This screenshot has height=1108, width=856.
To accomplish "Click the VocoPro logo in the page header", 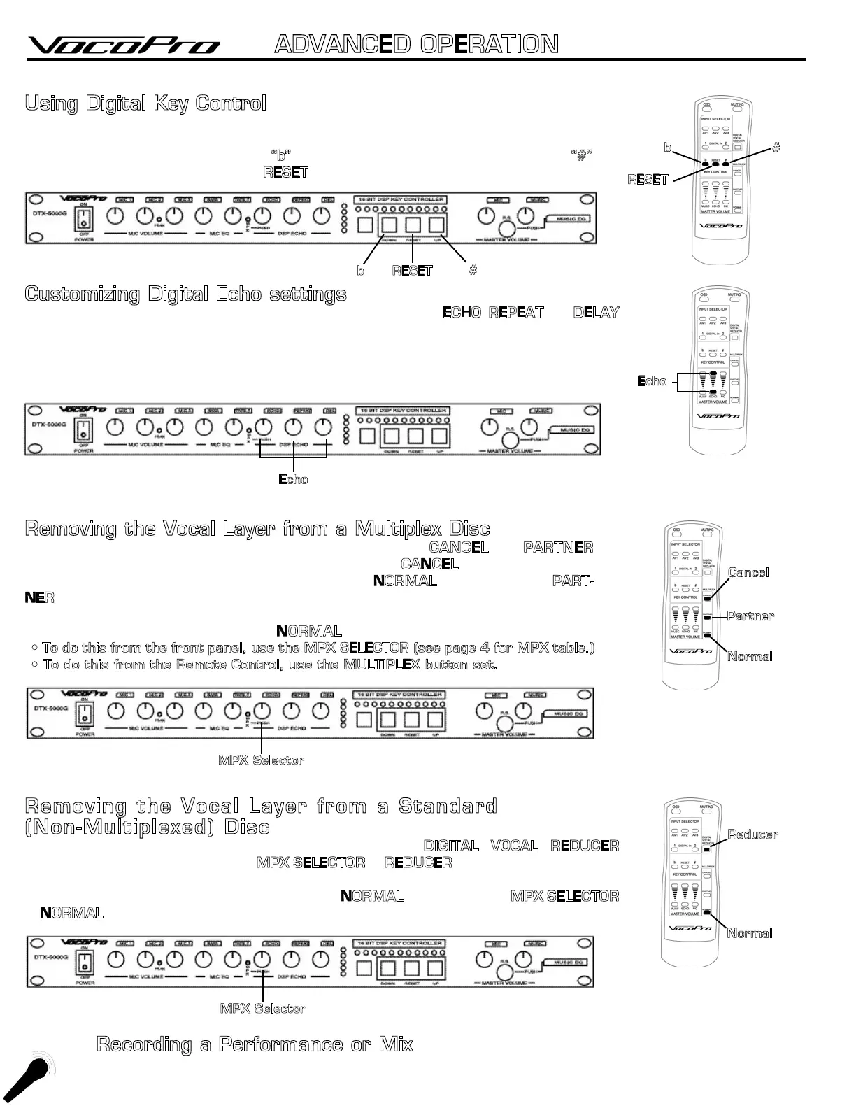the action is tap(124, 45).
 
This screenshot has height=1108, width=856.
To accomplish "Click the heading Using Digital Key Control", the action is tap(145, 104).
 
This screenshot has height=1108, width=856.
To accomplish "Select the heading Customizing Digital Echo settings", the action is tap(185, 294).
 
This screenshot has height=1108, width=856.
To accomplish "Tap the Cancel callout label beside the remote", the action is tap(748, 572).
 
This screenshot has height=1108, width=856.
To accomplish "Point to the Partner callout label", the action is tap(750, 616).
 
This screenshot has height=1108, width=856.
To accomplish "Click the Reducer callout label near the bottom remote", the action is tap(752, 834).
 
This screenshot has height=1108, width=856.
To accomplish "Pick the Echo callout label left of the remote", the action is tap(652, 381).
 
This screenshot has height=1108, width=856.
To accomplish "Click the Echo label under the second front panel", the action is tap(293, 479).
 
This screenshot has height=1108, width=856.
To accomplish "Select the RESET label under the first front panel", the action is tap(412, 271).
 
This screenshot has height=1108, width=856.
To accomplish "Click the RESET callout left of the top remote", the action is tap(648, 180).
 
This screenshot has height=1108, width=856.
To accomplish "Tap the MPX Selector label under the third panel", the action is tap(261, 760).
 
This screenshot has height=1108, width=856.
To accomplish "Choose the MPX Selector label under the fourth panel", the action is tap(262, 1009).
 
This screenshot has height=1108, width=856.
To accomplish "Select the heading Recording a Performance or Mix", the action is tap(255, 1045).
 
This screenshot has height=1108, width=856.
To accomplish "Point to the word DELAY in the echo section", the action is tap(596, 313).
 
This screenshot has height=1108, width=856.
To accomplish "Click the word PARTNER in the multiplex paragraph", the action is tap(558, 547).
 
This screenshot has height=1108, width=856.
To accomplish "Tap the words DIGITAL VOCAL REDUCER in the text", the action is tap(521, 846).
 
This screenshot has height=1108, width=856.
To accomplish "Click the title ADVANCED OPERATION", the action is tap(416, 45).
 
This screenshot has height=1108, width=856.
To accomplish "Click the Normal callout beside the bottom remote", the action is tap(750, 933).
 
